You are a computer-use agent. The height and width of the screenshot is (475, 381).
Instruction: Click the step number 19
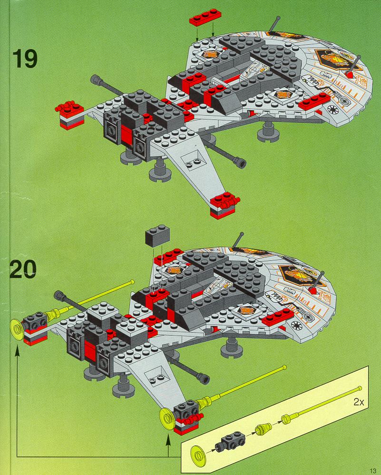(x=24, y=59)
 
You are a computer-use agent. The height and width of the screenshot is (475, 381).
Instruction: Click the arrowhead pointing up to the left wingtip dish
(x=17, y=352)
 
